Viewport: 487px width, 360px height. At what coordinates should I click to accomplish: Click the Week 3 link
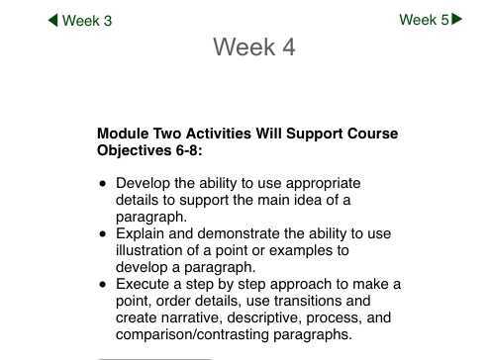tap(87, 21)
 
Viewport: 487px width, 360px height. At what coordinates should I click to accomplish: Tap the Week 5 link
tap(424, 20)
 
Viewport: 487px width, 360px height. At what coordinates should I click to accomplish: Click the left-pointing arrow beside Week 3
tap(53, 21)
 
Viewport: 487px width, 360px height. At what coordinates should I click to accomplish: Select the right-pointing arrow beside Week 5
tap(456, 19)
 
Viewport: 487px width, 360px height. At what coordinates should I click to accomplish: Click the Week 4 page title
tap(253, 47)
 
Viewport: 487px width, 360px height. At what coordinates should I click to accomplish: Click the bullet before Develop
tap(103, 184)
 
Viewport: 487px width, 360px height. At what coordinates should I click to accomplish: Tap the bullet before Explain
tap(103, 234)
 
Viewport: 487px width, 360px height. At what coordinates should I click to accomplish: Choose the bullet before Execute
tap(103, 285)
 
